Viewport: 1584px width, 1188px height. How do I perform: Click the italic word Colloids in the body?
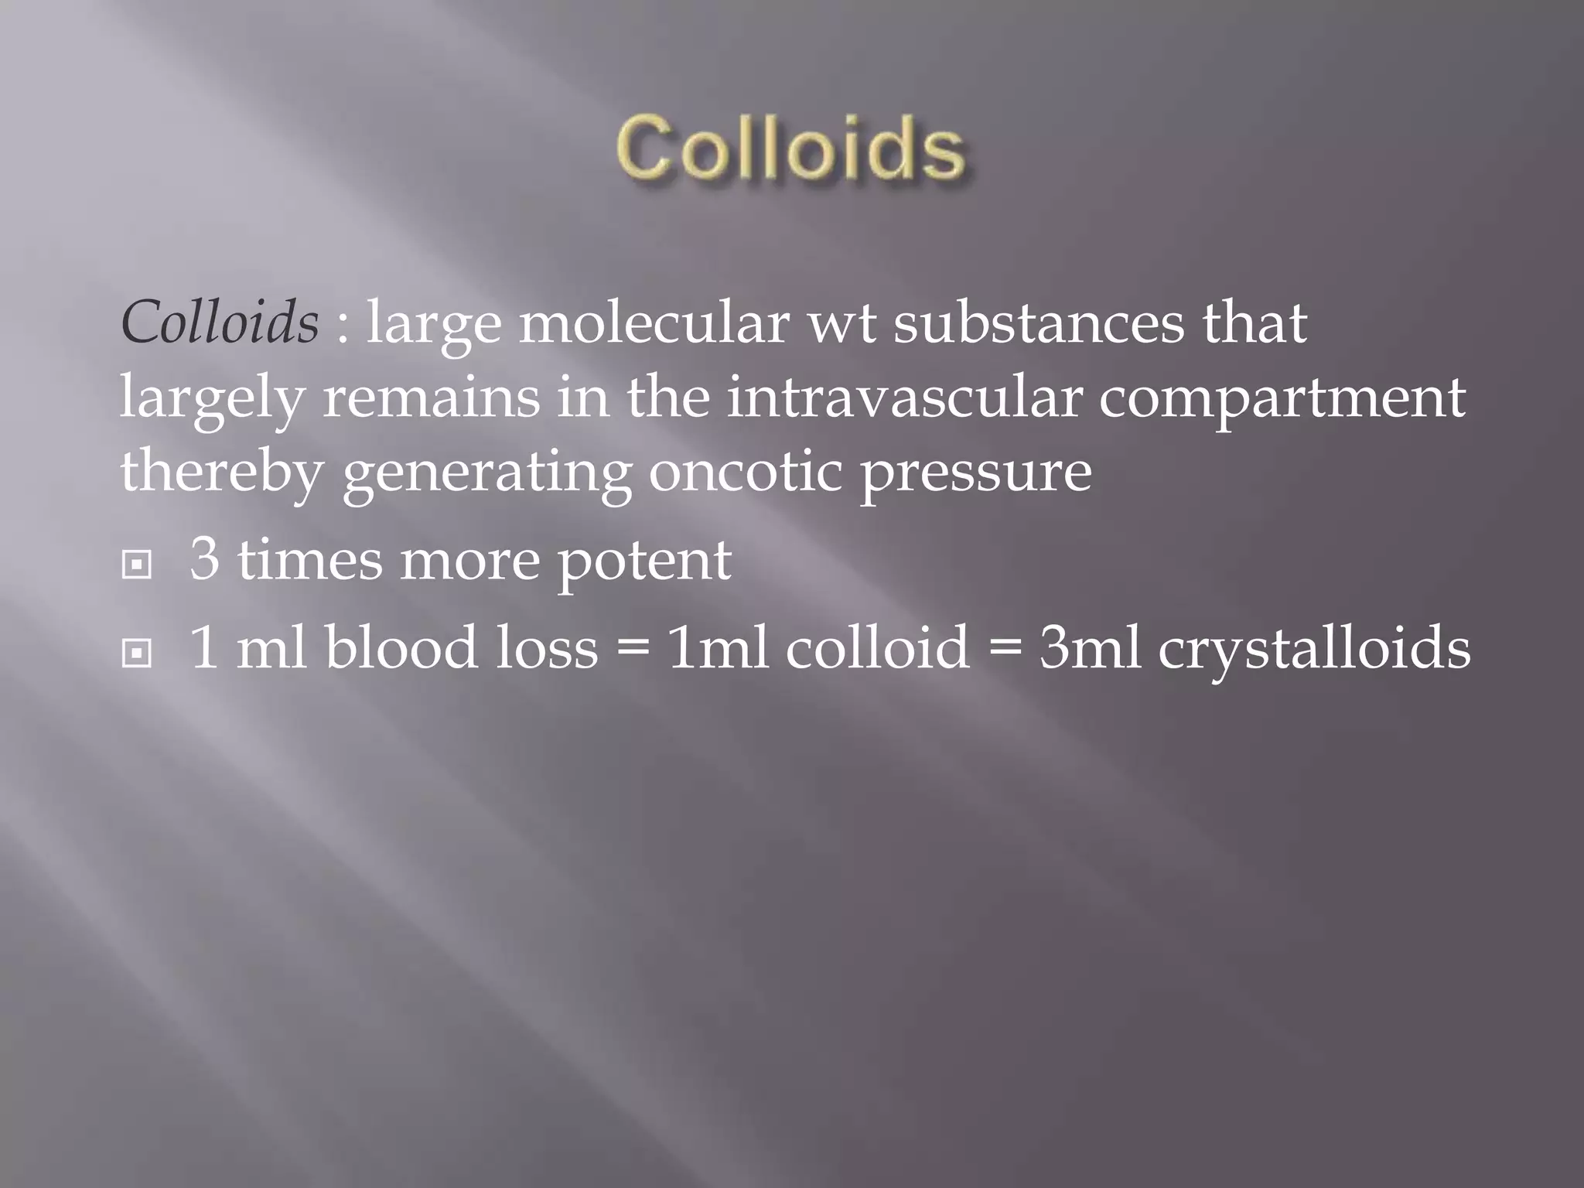220,322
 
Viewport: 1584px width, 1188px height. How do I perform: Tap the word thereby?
221,473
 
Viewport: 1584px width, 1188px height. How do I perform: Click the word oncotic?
745,472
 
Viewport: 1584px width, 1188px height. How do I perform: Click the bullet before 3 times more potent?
136,565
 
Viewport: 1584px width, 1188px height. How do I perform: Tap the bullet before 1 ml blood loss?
136,654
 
